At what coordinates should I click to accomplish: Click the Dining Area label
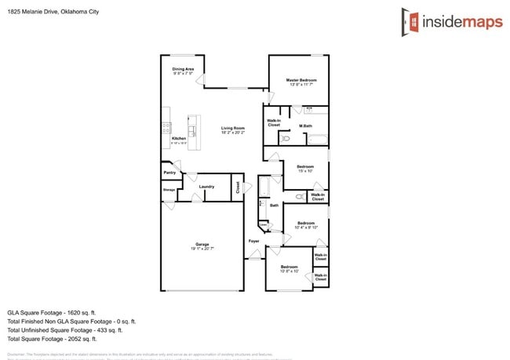pos(183,69)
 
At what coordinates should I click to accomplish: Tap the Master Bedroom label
pos(301,80)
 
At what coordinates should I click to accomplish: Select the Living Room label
pos(232,128)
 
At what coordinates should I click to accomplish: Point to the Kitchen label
pos(178,139)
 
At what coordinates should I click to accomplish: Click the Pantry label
pos(169,173)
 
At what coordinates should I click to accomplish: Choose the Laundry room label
pos(206,187)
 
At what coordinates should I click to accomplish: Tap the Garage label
pos(202,244)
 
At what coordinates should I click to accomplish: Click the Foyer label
pos(254,241)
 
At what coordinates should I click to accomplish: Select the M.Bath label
pos(306,126)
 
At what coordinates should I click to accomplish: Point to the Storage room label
pos(169,190)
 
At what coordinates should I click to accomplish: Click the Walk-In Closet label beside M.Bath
pos(274,122)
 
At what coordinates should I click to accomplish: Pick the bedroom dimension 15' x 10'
pos(305,171)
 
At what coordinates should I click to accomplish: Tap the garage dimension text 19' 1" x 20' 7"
pos(202,249)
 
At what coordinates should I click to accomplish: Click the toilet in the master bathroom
pos(285,138)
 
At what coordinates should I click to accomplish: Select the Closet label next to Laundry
pos(237,187)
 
